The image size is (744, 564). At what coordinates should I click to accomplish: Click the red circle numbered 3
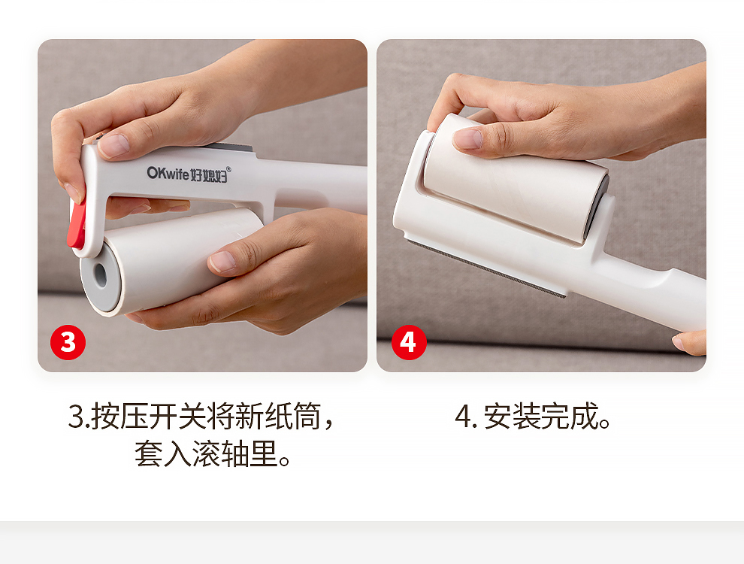pyautogui.click(x=68, y=342)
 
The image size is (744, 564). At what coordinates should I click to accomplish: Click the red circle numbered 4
pyautogui.click(x=409, y=342)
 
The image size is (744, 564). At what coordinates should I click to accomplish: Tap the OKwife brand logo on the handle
pyautogui.click(x=187, y=174)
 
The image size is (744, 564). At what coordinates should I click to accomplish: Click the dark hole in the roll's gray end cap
pyautogui.click(x=100, y=274)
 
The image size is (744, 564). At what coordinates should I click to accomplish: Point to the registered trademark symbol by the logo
pyautogui.click(x=228, y=169)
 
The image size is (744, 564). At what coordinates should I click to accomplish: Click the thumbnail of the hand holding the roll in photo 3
pyautogui.click(x=222, y=262)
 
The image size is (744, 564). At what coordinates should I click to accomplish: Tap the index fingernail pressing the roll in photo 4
pyautogui.click(x=467, y=138)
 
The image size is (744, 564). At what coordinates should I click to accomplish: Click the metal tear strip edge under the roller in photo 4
pyautogui.click(x=486, y=269)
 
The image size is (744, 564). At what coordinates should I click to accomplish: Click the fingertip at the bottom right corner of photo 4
pyautogui.click(x=689, y=342)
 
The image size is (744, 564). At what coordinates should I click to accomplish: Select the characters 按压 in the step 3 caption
pyautogui.click(x=119, y=417)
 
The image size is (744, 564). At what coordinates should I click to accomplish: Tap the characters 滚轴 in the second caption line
pyautogui.click(x=221, y=453)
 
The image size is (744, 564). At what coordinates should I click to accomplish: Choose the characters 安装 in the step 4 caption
pyautogui.click(x=513, y=417)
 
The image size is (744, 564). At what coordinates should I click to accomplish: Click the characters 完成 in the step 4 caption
pyautogui.click(x=570, y=417)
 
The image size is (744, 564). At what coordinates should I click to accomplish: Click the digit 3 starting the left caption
pyautogui.click(x=76, y=417)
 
